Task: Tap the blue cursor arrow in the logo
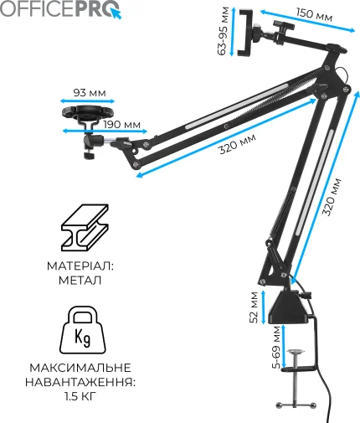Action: pyautogui.click(x=116, y=13)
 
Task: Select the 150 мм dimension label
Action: pyautogui.click(x=314, y=15)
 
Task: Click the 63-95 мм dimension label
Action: pyautogui.click(x=223, y=31)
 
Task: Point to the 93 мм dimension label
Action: pyautogui.click(x=90, y=93)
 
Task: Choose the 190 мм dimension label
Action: pyautogui.click(x=122, y=125)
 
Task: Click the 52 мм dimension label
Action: pyautogui.click(x=254, y=307)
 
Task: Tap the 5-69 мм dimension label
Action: pyautogui.click(x=275, y=348)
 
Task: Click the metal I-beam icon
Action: pyautogui.click(x=85, y=228)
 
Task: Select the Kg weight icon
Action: pyautogui.click(x=83, y=330)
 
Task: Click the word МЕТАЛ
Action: pyautogui.click(x=80, y=280)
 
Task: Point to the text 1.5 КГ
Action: pyautogui.click(x=80, y=396)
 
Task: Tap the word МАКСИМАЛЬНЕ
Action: pyautogui.click(x=80, y=368)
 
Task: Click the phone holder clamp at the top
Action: pyautogui.click(x=245, y=33)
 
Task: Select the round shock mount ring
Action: pyautogui.click(x=88, y=112)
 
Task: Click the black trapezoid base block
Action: pyautogui.click(x=289, y=307)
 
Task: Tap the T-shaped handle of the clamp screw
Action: pyautogui.click(x=296, y=405)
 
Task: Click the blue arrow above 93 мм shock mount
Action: pyautogui.click(x=88, y=101)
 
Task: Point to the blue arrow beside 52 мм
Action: pyautogui.click(x=263, y=307)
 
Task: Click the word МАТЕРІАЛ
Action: pyautogui.click(x=80, y=266)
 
